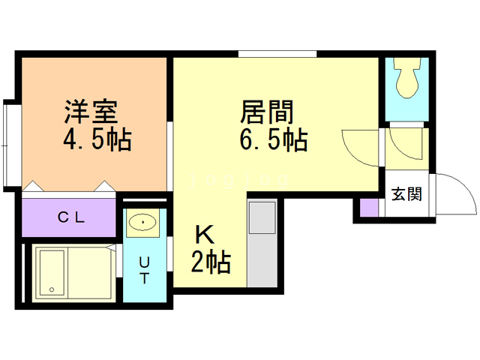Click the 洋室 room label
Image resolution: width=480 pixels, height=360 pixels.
click(x=91, y=112)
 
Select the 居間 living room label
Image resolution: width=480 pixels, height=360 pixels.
click(x=267, y=112)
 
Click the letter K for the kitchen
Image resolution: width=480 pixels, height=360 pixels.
click(x=204, y=235)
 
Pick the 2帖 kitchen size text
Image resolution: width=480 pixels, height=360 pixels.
click(x=211, y=262)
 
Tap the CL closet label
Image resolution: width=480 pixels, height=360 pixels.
click(x=71, y=217)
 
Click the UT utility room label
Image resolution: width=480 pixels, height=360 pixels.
click(x=144, y=270)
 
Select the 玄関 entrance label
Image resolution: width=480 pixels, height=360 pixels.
click(x=406, y=194)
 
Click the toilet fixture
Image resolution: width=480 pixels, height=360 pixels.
click(x=406, y=78)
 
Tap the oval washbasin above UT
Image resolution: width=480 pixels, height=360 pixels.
click(x=142, y=222)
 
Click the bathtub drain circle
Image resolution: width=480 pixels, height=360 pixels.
click(x=52, y=289)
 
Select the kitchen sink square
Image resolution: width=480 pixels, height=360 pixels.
click(x=262, y=217)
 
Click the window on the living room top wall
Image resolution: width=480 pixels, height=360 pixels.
click(x=277, y=54)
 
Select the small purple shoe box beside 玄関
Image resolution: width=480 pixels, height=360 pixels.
click(x=368, y=208)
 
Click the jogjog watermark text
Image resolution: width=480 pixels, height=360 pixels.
click(x=238, y=180)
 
